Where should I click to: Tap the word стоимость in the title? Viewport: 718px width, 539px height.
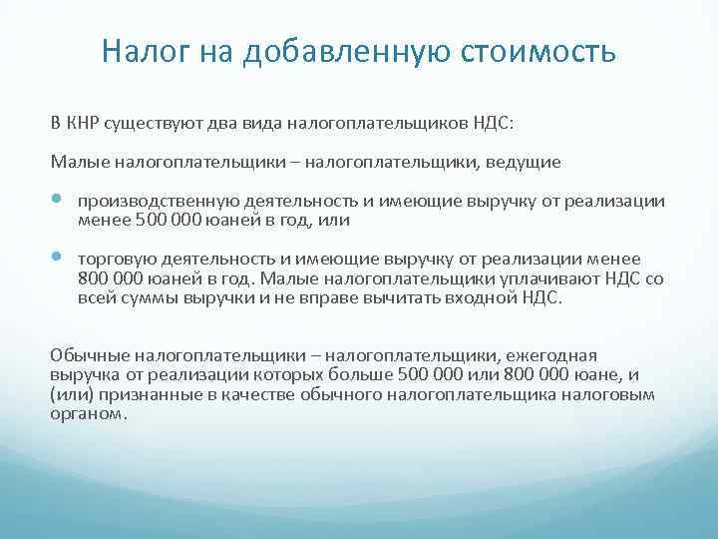click(x=538, y=51)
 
